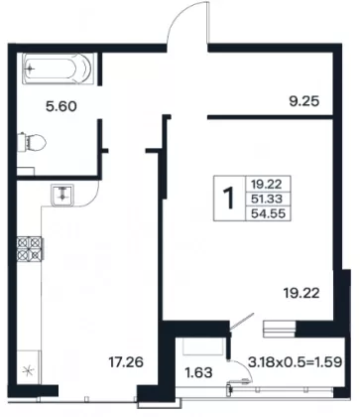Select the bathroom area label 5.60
tap(61, 106)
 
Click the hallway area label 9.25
tap(304, 101)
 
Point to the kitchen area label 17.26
tap(126, 362)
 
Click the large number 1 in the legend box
tap(229, 198)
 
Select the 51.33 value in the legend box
tap(267, 199)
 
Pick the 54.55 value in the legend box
tap(268, 213)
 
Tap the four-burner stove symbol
tap(30, 248)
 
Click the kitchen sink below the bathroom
tap(62, 196)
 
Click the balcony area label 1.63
tap(198, 373)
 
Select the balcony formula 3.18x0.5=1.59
tap(295, 361)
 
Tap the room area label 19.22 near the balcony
tap(301, 293)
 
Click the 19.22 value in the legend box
tap(266, 183)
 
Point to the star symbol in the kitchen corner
tap(28, 370)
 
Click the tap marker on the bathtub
tap(31, 69)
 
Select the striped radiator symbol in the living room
tap(279, 329)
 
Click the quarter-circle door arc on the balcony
tap(245, 369)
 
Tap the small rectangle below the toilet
tap(26, 171)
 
